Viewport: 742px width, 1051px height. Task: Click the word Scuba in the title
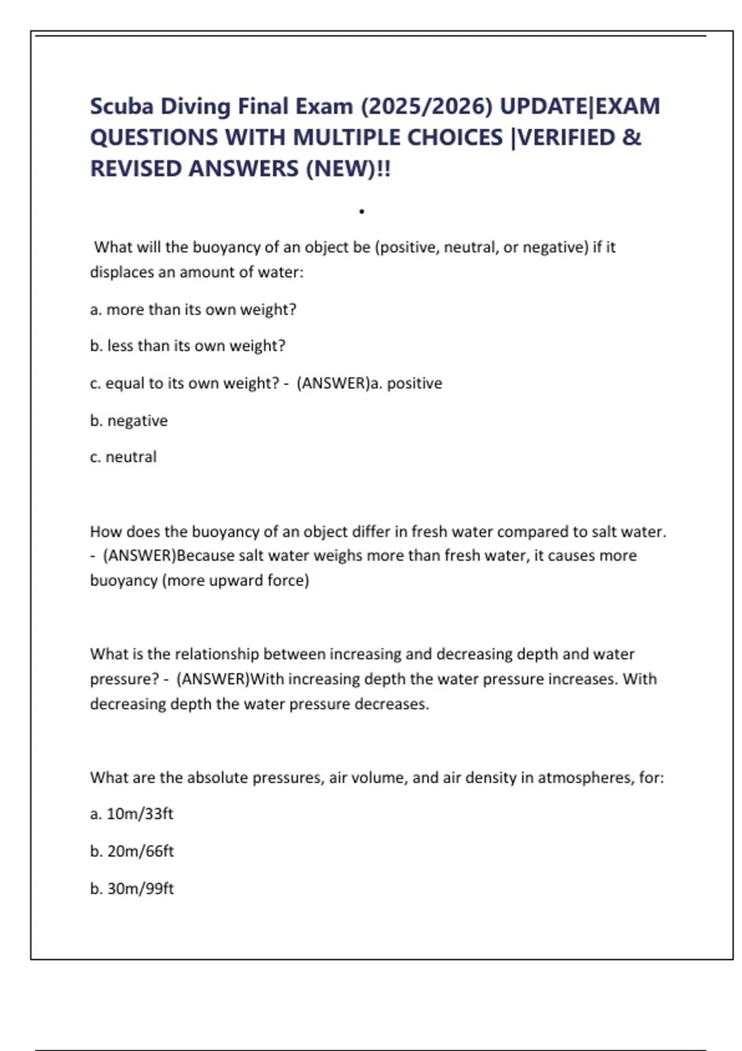click(x=121, y=106)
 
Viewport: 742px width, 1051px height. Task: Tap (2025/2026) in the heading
click(x=426, y=106)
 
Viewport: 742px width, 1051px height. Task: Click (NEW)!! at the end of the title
click(x=348, y=168)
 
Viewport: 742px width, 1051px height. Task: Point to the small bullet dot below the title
click(x=362, y=212)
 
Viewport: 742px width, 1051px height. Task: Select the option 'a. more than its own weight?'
click(x=193, y=309)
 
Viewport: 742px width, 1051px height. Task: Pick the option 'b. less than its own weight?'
click(x=187, y=346)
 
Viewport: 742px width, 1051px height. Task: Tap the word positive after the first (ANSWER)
click(x=414, y=383)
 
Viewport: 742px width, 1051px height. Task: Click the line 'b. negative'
click(x=129, y=420)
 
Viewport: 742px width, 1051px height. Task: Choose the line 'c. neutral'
click(x=123, y=457)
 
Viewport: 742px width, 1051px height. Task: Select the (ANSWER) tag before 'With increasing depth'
click(x=213, y=679)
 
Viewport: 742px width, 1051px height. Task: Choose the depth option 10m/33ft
click(x=140, y=814)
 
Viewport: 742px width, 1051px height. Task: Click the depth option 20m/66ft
click(x=140, y=851)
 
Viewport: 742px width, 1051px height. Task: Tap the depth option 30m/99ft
click(x=140, y=888)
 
